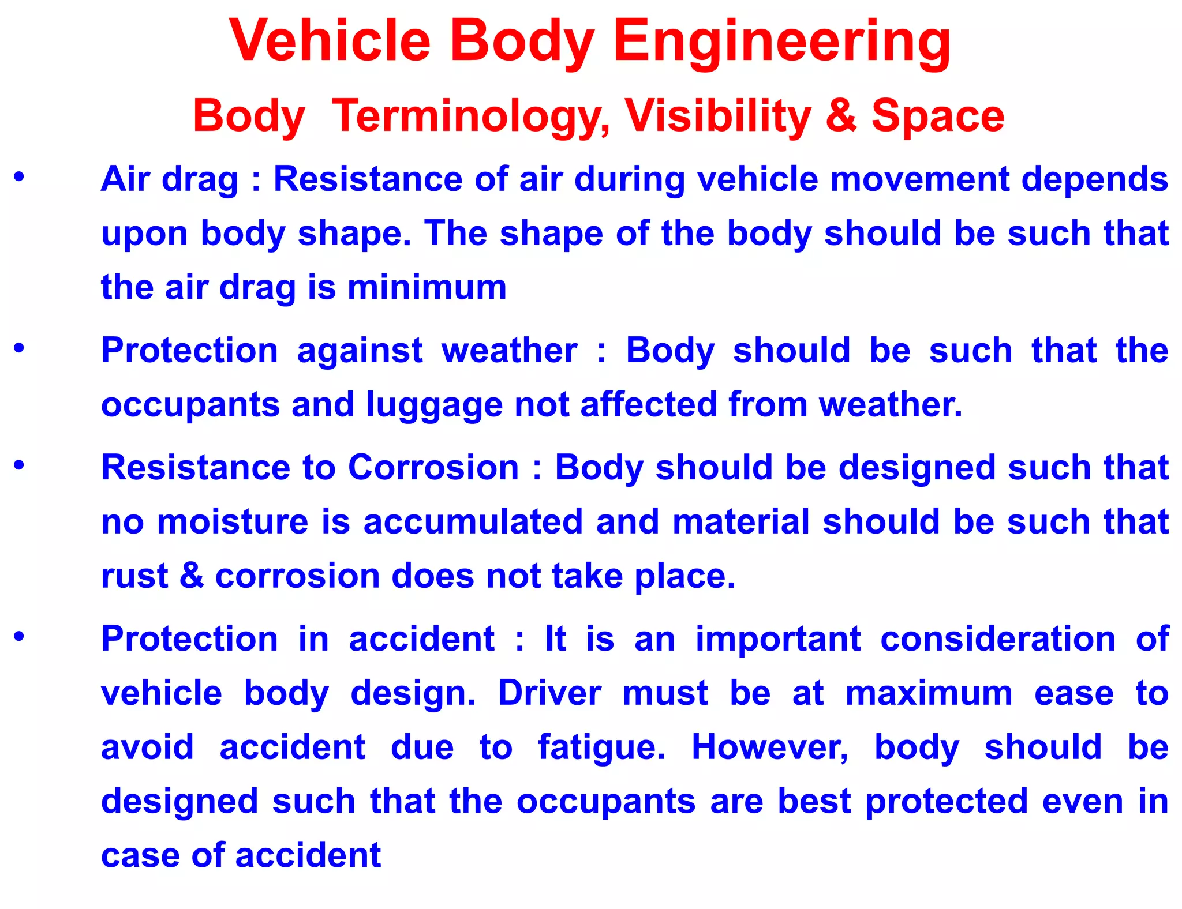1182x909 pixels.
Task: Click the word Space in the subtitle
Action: tap(937, 116)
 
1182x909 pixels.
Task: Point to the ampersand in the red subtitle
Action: tap(841, 116)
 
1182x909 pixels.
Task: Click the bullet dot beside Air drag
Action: tap(19, 176)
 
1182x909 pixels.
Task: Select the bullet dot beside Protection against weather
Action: tap(19, 348)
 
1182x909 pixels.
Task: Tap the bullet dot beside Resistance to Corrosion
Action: tap(19, 464)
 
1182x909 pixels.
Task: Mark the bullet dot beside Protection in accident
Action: tap(19, 636)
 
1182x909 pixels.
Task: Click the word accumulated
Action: tap(473, 521)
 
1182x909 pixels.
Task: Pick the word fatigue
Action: tap(601, 748)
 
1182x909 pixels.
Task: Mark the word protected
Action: tap(947, 801)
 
